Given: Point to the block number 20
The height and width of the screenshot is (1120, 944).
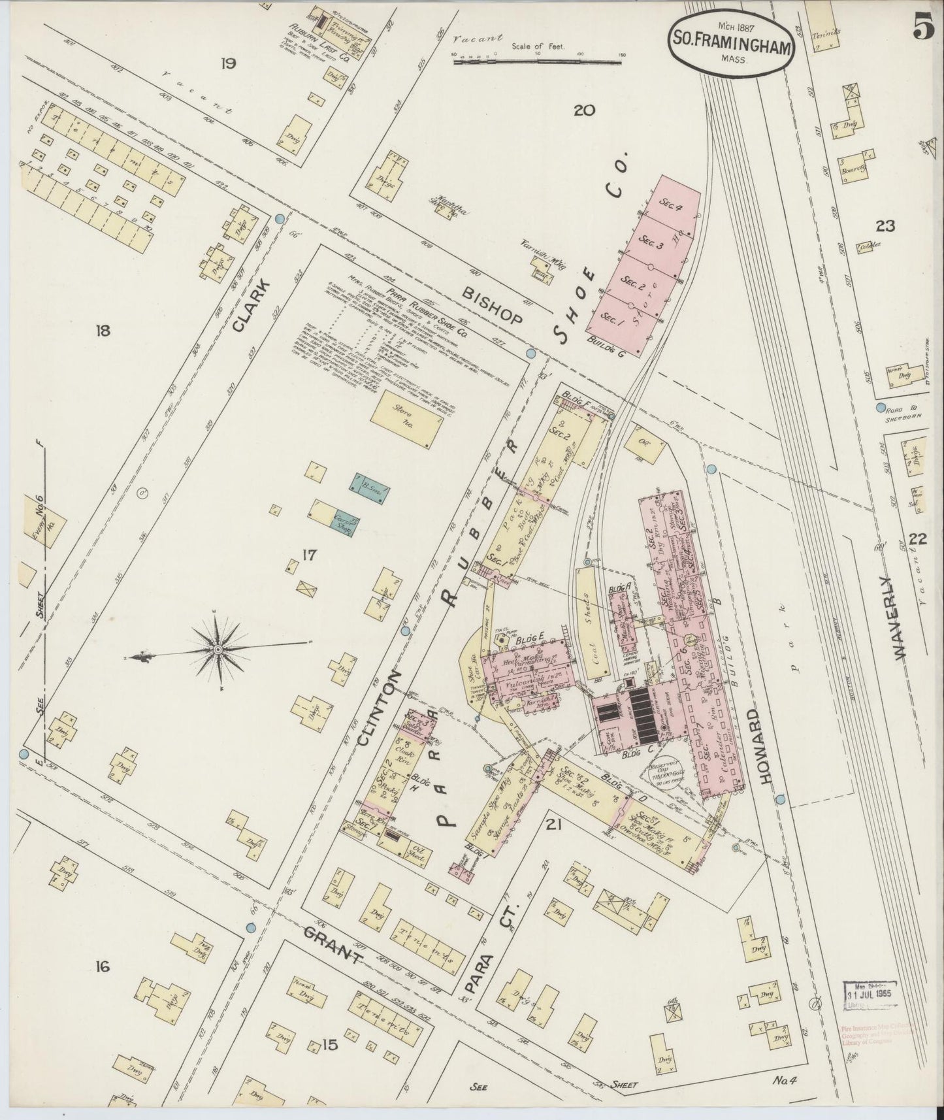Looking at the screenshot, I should point(583,110).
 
